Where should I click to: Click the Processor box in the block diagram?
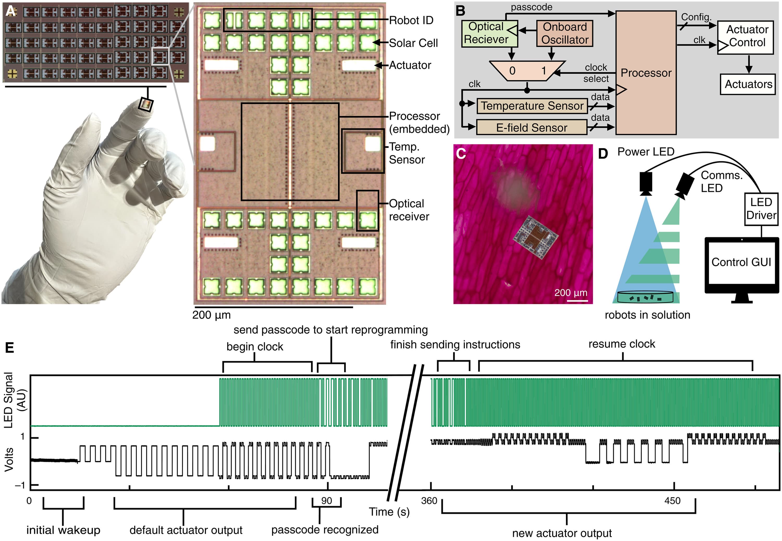(x=646, y=73)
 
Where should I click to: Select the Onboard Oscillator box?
(x=565, y=33)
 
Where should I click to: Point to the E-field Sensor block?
(x=531, y=128)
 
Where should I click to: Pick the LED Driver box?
(x=761, y=209)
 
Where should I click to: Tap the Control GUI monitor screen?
(x=741, y=262)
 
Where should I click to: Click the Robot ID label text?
(x=411, y=21)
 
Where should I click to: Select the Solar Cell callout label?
(x=413, y=43)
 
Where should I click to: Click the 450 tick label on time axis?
(x=673, y=501)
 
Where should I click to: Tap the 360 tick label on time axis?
(x=429, y=501)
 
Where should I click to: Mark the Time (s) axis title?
(x=389, y=512)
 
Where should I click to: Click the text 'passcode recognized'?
(x=325, y=530)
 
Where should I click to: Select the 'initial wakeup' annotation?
(x=63, y=530)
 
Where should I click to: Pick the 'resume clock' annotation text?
(x=622, y=344)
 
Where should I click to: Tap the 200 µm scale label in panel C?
(x=571, y=293)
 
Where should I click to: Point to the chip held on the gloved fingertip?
(x=146, y=104)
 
